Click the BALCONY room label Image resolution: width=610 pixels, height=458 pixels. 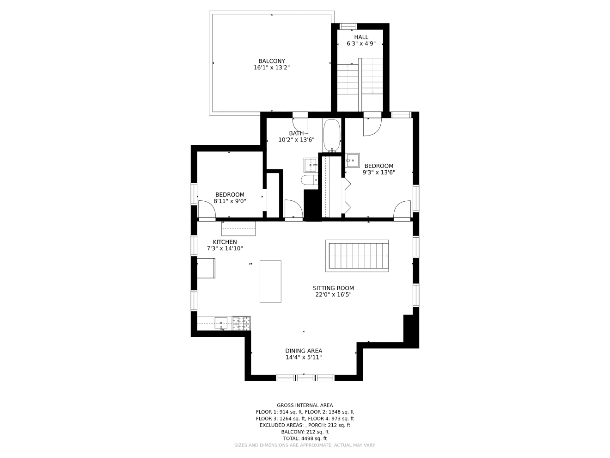click(x=271, y=61)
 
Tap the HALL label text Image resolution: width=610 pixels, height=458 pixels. click(x=361, y=37)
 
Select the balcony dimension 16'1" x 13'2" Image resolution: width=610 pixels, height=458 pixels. click(x=271, y=68)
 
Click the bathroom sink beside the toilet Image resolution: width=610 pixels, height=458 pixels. click(x=311, y=164)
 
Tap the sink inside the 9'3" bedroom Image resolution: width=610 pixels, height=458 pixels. click(x=353, y=161)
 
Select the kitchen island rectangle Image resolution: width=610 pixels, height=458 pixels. click(x=270, y=281)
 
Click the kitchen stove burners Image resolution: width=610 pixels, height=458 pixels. click(x=241, y=323)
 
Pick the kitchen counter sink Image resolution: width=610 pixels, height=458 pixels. click(x=221, y=322)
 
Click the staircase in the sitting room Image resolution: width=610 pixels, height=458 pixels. click(x=357, y=256)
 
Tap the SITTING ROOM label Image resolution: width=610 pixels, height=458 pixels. click(x=333, y=288)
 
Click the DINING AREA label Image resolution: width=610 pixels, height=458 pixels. click(x=304, y=351)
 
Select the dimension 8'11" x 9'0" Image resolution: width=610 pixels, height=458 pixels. click(x=230, y=201)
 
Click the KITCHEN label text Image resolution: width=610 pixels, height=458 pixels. click(x=225, y=242)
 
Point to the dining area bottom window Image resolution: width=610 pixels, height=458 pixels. click(x=305, y=378)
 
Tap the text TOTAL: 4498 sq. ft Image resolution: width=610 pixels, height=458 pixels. click(x=305, y=438)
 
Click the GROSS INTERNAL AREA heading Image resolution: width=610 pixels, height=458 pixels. click(x=305, y=405)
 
